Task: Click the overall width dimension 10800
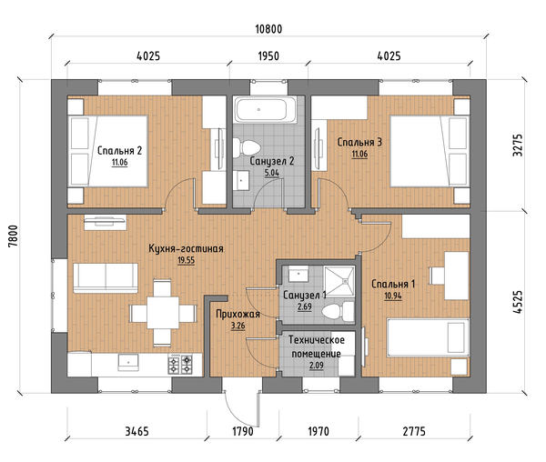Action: (268, 29)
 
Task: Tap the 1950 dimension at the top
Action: (268, 56)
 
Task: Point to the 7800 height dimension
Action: (13, 236)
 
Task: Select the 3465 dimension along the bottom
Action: (136, 431)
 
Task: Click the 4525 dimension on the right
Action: (518, 302)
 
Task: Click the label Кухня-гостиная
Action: (186, 249)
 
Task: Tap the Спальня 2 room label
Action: (119, 151)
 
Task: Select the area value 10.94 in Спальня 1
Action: (393, 296)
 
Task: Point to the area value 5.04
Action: (272, 173)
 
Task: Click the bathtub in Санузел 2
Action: (266, 109)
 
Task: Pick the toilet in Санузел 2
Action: (247, 147)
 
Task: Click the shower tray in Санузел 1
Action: (339, 281)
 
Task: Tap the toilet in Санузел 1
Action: (338, 311)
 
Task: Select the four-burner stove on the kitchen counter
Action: (180, 365)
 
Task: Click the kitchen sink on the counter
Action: (128, 363)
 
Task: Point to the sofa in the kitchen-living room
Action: (106, 278)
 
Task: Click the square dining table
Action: (163, 313)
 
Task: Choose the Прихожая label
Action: (238, 314)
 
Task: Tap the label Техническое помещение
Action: (316, 346)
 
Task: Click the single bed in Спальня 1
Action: (428, 337)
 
